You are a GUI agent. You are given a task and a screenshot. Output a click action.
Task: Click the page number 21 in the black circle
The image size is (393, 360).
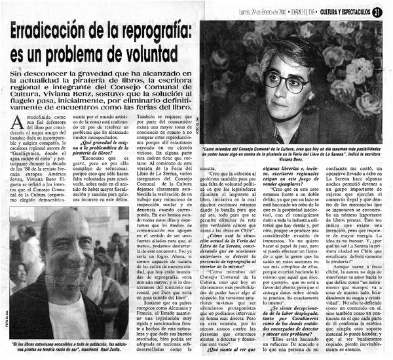click(379, 10)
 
